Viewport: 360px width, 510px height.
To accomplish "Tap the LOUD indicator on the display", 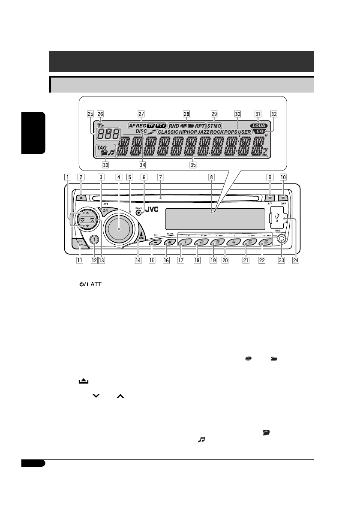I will [x=259, y=126].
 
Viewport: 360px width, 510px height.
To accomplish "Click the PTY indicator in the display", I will [x=160, y=126].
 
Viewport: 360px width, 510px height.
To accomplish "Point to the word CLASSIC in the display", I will [x=171, y=132].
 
